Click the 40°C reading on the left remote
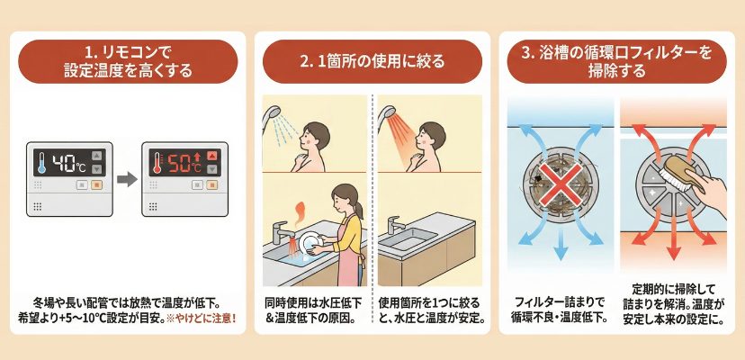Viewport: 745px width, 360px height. [69, 163]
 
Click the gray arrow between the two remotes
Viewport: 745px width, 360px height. [127, 179]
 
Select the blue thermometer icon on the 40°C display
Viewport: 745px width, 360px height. [41, 163]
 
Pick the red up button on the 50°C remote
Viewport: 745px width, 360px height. [212, 156]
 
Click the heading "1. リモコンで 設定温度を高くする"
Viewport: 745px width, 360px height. [128, 61]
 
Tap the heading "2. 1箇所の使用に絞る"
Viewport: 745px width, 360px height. [372, 61]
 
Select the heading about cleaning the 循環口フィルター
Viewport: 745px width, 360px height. [616, 61]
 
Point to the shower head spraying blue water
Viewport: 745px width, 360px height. [272, 113]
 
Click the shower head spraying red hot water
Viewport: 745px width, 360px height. [387, 113]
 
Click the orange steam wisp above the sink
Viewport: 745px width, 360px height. [300, 212]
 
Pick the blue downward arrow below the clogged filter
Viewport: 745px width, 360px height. [561, 246]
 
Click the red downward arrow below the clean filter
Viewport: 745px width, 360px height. [673, 246]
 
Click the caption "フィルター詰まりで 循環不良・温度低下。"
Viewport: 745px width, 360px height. [560, 310]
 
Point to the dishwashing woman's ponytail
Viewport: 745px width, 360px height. [359, 208]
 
